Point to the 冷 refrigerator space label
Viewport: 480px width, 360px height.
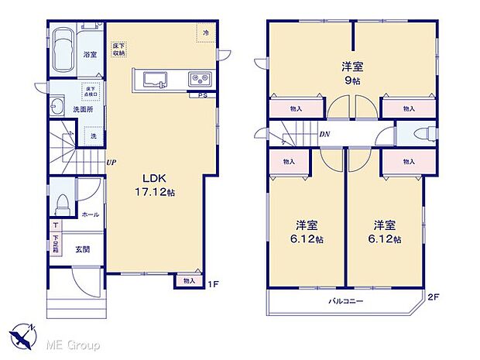click(x=206, y=33)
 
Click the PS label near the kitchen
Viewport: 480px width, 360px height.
click(x=203, y=96)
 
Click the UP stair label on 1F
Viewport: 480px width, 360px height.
click(x=111, y=163)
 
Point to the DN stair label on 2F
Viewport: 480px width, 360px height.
click(x=324, y=134)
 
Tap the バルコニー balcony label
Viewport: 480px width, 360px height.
click(x=345, y=300)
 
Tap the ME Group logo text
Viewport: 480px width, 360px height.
click(x=68, y=343)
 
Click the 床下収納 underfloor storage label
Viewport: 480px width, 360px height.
click(x=118, y=50)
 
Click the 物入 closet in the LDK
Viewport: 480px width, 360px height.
click(x=190, y=281)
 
